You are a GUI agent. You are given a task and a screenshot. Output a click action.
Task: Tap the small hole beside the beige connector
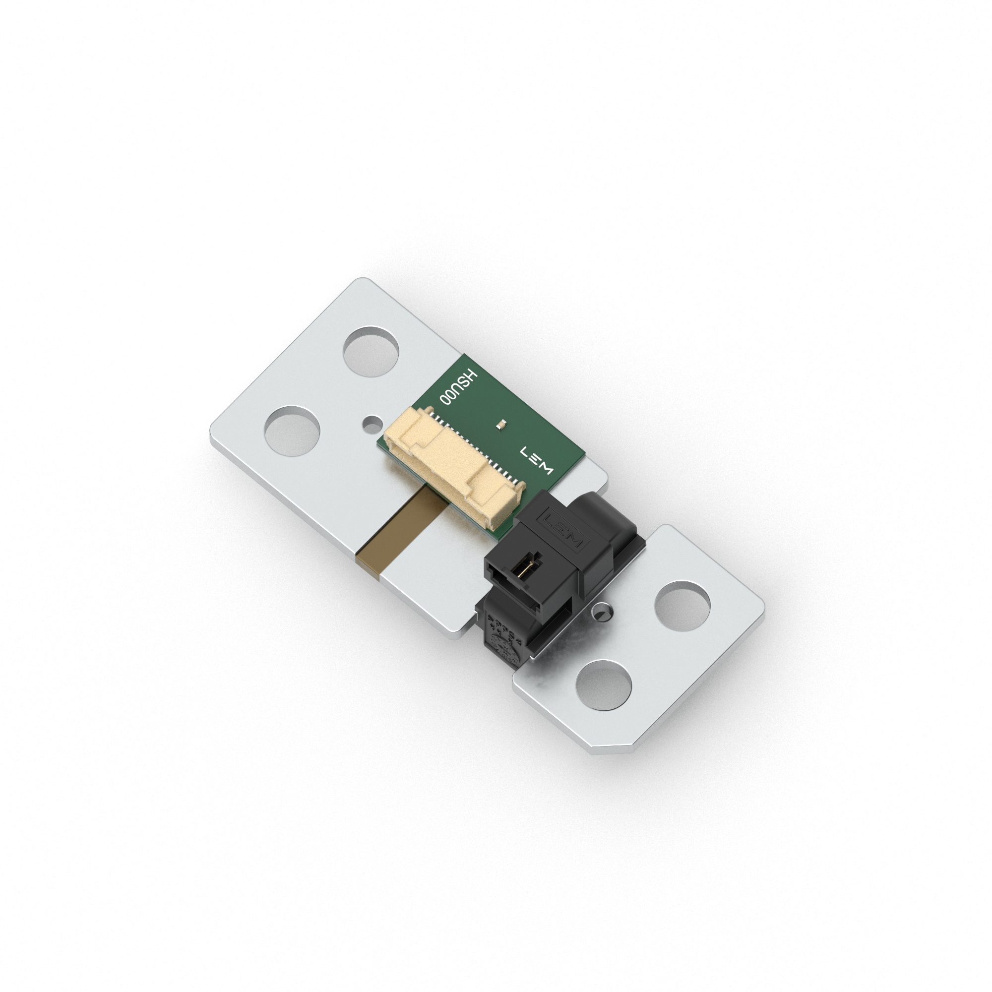[x=371, y=423]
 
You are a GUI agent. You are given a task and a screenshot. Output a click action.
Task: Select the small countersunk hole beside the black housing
[x=601, y=612]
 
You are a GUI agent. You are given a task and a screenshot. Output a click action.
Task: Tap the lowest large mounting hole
[x=603, y=685]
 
